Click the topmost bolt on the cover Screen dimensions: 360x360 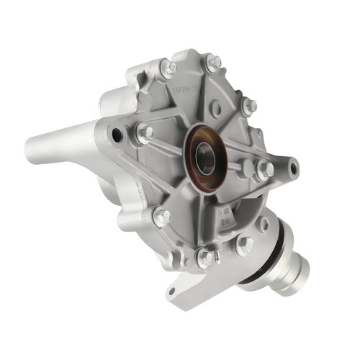[x=212, y=63]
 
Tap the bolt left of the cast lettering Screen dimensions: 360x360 [x=167, y=68]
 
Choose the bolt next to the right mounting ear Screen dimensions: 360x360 [x=264, y=171]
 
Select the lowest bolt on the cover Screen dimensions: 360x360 [x=205, y=256]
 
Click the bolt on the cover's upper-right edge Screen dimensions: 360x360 [x=248, y=107]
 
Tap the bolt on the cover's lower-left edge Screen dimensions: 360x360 [x=163, y=215]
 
